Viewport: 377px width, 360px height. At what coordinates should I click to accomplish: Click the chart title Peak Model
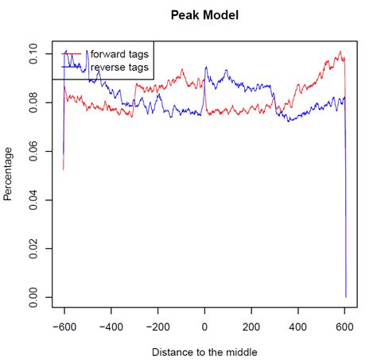click(204, 14)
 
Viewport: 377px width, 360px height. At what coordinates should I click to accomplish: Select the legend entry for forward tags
click(119, 53)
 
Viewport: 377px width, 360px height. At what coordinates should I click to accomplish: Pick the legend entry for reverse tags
click(119, 67)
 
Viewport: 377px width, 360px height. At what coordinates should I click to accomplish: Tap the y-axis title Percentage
click(8, 173)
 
